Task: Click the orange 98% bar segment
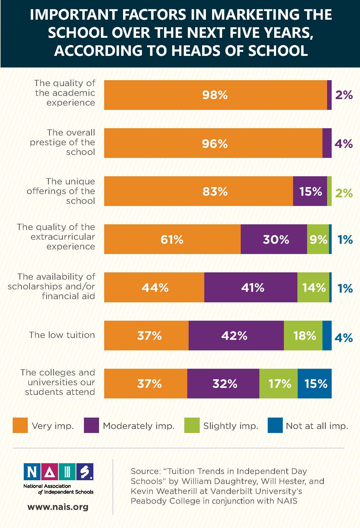pos(215,95)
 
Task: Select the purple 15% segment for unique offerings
pos(310,191)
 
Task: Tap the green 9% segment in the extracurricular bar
pos(318,239)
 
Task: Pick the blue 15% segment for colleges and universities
pos(315,384)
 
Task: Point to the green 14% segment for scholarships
pos(313,287)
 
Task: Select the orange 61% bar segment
pos(172,239)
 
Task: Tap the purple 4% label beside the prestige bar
pos(344,144)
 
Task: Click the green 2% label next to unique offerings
pos(344,193)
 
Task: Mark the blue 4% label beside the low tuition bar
pos(344,337)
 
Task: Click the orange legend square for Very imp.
pos(20,425)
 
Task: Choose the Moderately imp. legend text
pos(138,426)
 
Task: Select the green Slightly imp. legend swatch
pos(192,425)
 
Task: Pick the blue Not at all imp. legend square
pos(275,425)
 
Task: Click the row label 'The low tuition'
pos(62,335)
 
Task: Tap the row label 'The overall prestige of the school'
pos(62,142)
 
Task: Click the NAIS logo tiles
pos(58,472)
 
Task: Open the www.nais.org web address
pos(58,507)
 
